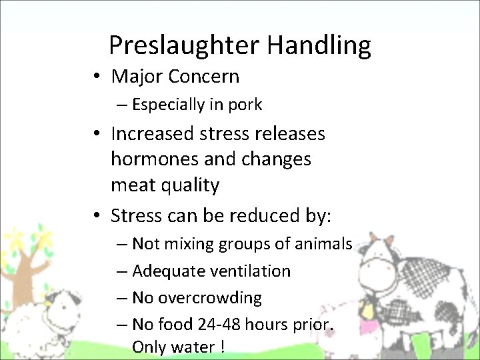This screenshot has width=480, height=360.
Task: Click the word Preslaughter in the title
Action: (184, 45)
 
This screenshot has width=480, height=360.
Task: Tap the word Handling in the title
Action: (319, 45)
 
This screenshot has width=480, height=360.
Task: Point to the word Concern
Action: (203, 77)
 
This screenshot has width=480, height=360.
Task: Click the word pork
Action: (244, 105)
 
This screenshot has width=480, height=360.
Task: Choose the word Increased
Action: (153, 134)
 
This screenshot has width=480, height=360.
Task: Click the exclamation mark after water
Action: (221, 347)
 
